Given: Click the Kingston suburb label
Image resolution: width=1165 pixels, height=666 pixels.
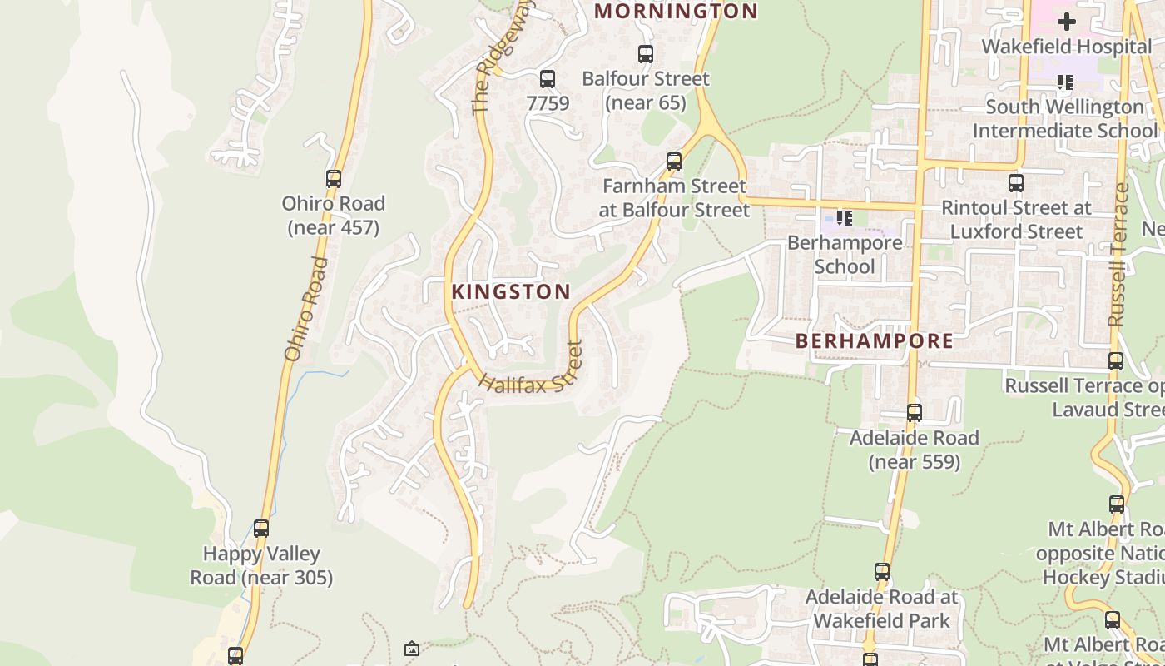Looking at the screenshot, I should pos(511,292).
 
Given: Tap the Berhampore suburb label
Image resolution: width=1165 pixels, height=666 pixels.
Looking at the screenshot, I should pos(875,341).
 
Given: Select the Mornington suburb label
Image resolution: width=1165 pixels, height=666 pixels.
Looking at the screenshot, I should pos(676,12).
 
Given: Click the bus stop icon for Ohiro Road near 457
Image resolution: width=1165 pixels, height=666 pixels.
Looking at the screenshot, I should pos(334,178).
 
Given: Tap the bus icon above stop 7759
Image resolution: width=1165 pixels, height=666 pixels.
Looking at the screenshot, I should pos(548,79).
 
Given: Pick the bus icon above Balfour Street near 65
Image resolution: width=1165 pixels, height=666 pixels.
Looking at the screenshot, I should pos(646,54).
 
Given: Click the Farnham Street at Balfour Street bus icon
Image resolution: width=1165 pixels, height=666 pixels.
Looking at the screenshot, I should pos(674,161).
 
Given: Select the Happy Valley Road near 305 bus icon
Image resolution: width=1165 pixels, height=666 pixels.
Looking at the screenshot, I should pos(261,529).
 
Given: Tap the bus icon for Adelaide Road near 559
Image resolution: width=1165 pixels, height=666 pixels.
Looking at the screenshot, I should pos(915,413).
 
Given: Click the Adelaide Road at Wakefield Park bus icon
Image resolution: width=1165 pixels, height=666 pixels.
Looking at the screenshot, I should pos(882,572).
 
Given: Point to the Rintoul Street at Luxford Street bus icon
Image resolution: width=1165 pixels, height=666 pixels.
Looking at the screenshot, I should pos(1016,183).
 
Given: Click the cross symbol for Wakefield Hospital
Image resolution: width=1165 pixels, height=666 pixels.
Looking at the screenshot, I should pos(1066,22).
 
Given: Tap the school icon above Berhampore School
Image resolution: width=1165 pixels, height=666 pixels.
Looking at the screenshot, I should pos(845,218).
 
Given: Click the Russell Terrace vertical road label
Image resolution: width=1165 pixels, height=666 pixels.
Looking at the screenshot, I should pos(1118,254).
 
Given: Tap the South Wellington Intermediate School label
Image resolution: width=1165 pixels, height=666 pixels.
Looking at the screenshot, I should pos(1064,119).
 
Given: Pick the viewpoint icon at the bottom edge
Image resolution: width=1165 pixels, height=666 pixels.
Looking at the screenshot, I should pos(411,648).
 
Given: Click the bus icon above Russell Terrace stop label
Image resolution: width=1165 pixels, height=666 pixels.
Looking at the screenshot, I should pos(1116,361).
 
